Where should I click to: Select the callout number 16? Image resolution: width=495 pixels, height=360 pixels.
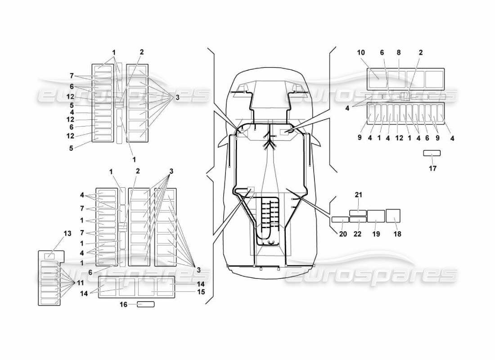coord(123,305)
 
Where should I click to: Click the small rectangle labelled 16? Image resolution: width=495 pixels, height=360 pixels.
coord(145,305)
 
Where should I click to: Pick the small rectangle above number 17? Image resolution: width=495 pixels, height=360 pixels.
coord(432,153)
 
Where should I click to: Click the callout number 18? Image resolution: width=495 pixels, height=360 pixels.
coord(397,234)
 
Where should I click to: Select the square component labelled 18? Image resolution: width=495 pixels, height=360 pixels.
coord(393,216)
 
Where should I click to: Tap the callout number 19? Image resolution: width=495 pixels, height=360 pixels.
coord(376,234)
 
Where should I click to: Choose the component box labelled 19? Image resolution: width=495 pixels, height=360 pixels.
coord(376,216)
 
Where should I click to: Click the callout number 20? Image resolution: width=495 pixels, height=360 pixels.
coord(343,234)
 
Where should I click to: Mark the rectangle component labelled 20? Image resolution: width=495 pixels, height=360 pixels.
coord(340,220)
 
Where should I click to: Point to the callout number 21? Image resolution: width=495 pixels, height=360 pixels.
coord(358,195)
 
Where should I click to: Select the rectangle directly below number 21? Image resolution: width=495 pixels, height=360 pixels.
coord(358,212)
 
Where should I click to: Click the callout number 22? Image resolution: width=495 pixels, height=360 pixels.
coord(358,234)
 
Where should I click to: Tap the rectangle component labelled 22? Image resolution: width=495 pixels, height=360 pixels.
coord(358,220)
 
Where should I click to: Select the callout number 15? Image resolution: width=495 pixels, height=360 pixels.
coord(201,292)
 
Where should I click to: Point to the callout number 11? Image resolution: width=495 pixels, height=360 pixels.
coord(81,283)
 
